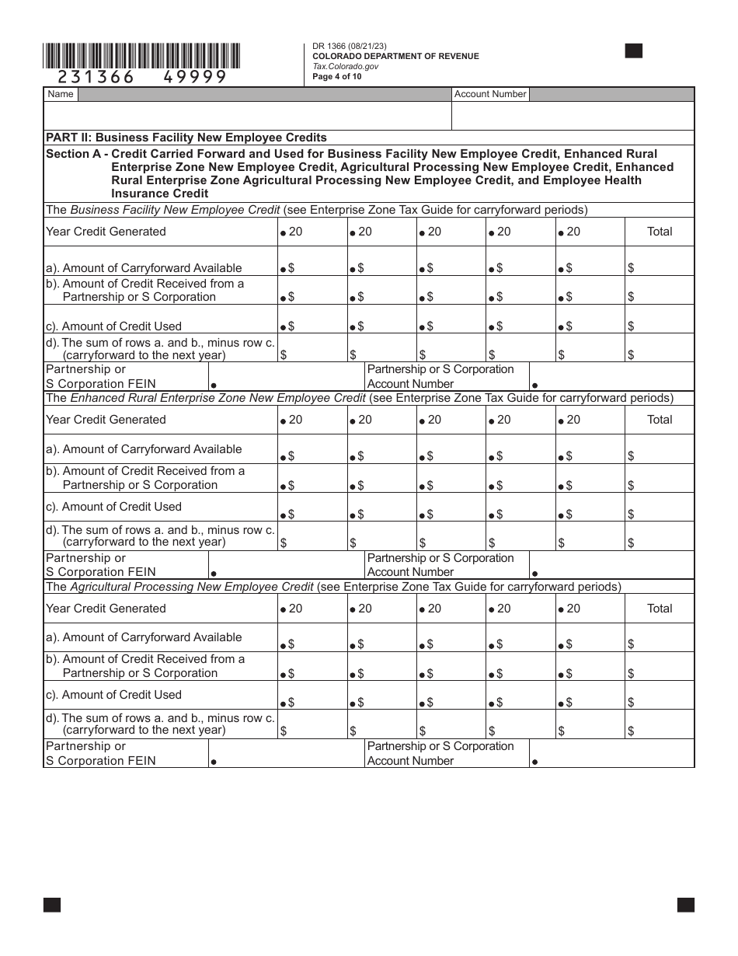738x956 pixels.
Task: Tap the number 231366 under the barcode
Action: [x=92, y=76]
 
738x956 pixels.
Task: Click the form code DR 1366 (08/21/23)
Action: [x=350, y=47]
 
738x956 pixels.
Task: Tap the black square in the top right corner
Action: [x=634, y=51]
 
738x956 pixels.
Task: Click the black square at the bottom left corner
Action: [x=52, y=905]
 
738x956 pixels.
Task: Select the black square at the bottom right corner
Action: [x=685, y=905]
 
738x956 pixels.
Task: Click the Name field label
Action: [x=61, y=94]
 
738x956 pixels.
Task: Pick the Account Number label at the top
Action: [x=490, y=94]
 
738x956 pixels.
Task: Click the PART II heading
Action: [x=186, y=138]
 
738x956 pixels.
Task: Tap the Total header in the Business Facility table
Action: [x=660, y=232]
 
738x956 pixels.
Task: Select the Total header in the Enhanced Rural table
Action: [x=660, y=420]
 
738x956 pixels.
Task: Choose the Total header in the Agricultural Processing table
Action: [x=660, y=609]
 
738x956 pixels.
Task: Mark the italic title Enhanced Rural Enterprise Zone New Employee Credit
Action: [x=218, y=398]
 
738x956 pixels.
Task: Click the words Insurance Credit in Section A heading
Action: [x=159, y=194]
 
